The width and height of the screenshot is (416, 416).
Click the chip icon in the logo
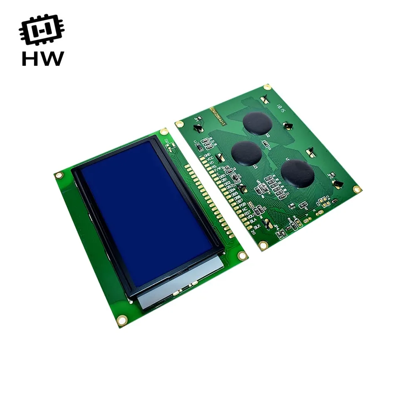[42, 31]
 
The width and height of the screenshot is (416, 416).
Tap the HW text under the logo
[42, 59]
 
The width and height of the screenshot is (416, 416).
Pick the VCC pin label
[210, 159]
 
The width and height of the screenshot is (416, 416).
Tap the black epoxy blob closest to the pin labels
[247, 153]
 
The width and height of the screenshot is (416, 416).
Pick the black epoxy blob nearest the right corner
[297, 173]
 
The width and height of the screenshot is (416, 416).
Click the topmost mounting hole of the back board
[267, 87]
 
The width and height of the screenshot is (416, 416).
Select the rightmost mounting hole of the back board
[357, 189]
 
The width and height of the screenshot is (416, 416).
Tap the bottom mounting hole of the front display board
[122, 319]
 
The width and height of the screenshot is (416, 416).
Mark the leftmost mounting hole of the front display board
[59, 175]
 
